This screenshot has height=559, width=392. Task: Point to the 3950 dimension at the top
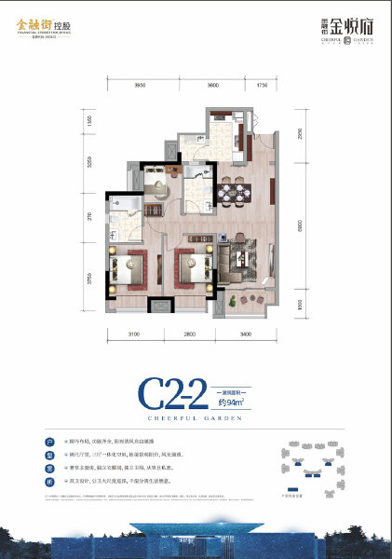click(140, 85)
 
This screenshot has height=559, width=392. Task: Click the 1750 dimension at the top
click(262, 85)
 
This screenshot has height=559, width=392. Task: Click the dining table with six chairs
click(233, 193)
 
